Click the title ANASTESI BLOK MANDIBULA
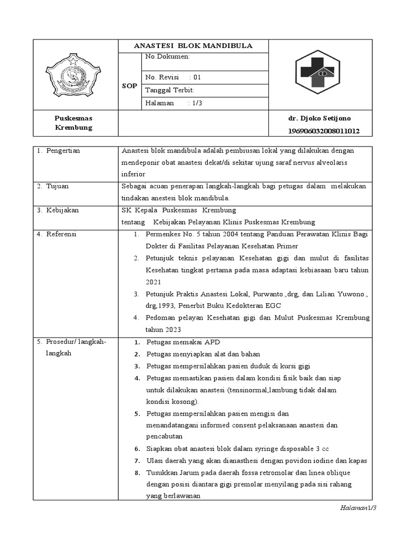(193, 46)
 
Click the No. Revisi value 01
(197, 76)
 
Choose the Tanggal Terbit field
(170, 90)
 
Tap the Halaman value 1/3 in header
(196, 103)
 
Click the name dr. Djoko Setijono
(319, 118)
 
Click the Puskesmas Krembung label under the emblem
(74, 123)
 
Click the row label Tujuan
(56, 186)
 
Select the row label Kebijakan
(61, 210)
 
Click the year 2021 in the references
(155, 282)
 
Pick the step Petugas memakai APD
(183, 342)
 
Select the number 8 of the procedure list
(137, 472)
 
